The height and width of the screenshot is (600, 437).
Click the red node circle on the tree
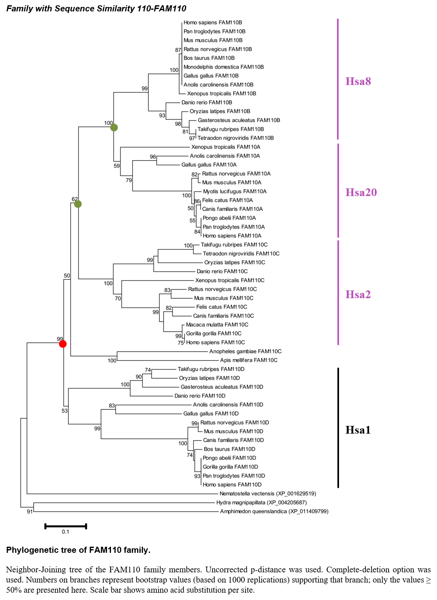[x=63, y=344]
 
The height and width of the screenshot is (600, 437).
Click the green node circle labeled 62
[x=78, y=204]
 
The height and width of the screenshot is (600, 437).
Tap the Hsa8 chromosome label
[x=358, y=81]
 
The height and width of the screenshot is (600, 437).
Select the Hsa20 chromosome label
[x=361, y=192]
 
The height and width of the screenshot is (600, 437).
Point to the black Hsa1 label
[x=358, y=430]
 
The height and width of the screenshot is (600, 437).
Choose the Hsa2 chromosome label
[x=358, y=295]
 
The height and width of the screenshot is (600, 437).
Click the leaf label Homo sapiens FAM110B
[x=213, y=22]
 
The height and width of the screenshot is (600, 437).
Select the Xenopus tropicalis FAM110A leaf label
[x=226, y=147]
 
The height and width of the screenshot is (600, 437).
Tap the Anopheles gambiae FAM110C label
[x=246, y=351]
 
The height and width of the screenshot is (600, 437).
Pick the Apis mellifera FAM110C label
[x=249, y=360]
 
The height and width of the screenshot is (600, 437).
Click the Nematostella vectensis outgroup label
[x=268, y=493]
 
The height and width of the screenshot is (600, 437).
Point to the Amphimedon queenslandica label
[x=274, y=511]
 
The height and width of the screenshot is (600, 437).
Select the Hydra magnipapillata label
[x=261, y=502]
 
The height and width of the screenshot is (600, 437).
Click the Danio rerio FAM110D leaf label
[x=200, y=396]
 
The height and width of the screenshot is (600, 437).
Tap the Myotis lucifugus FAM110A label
[x=235, y=191]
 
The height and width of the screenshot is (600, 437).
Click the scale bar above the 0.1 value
[x=65, y=526]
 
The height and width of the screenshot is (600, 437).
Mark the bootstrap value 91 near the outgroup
[x=30, y=512]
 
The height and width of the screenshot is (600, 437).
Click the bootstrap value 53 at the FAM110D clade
[x=65, y=410]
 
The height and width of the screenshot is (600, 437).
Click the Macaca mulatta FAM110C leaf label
[x=217, y=325]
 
